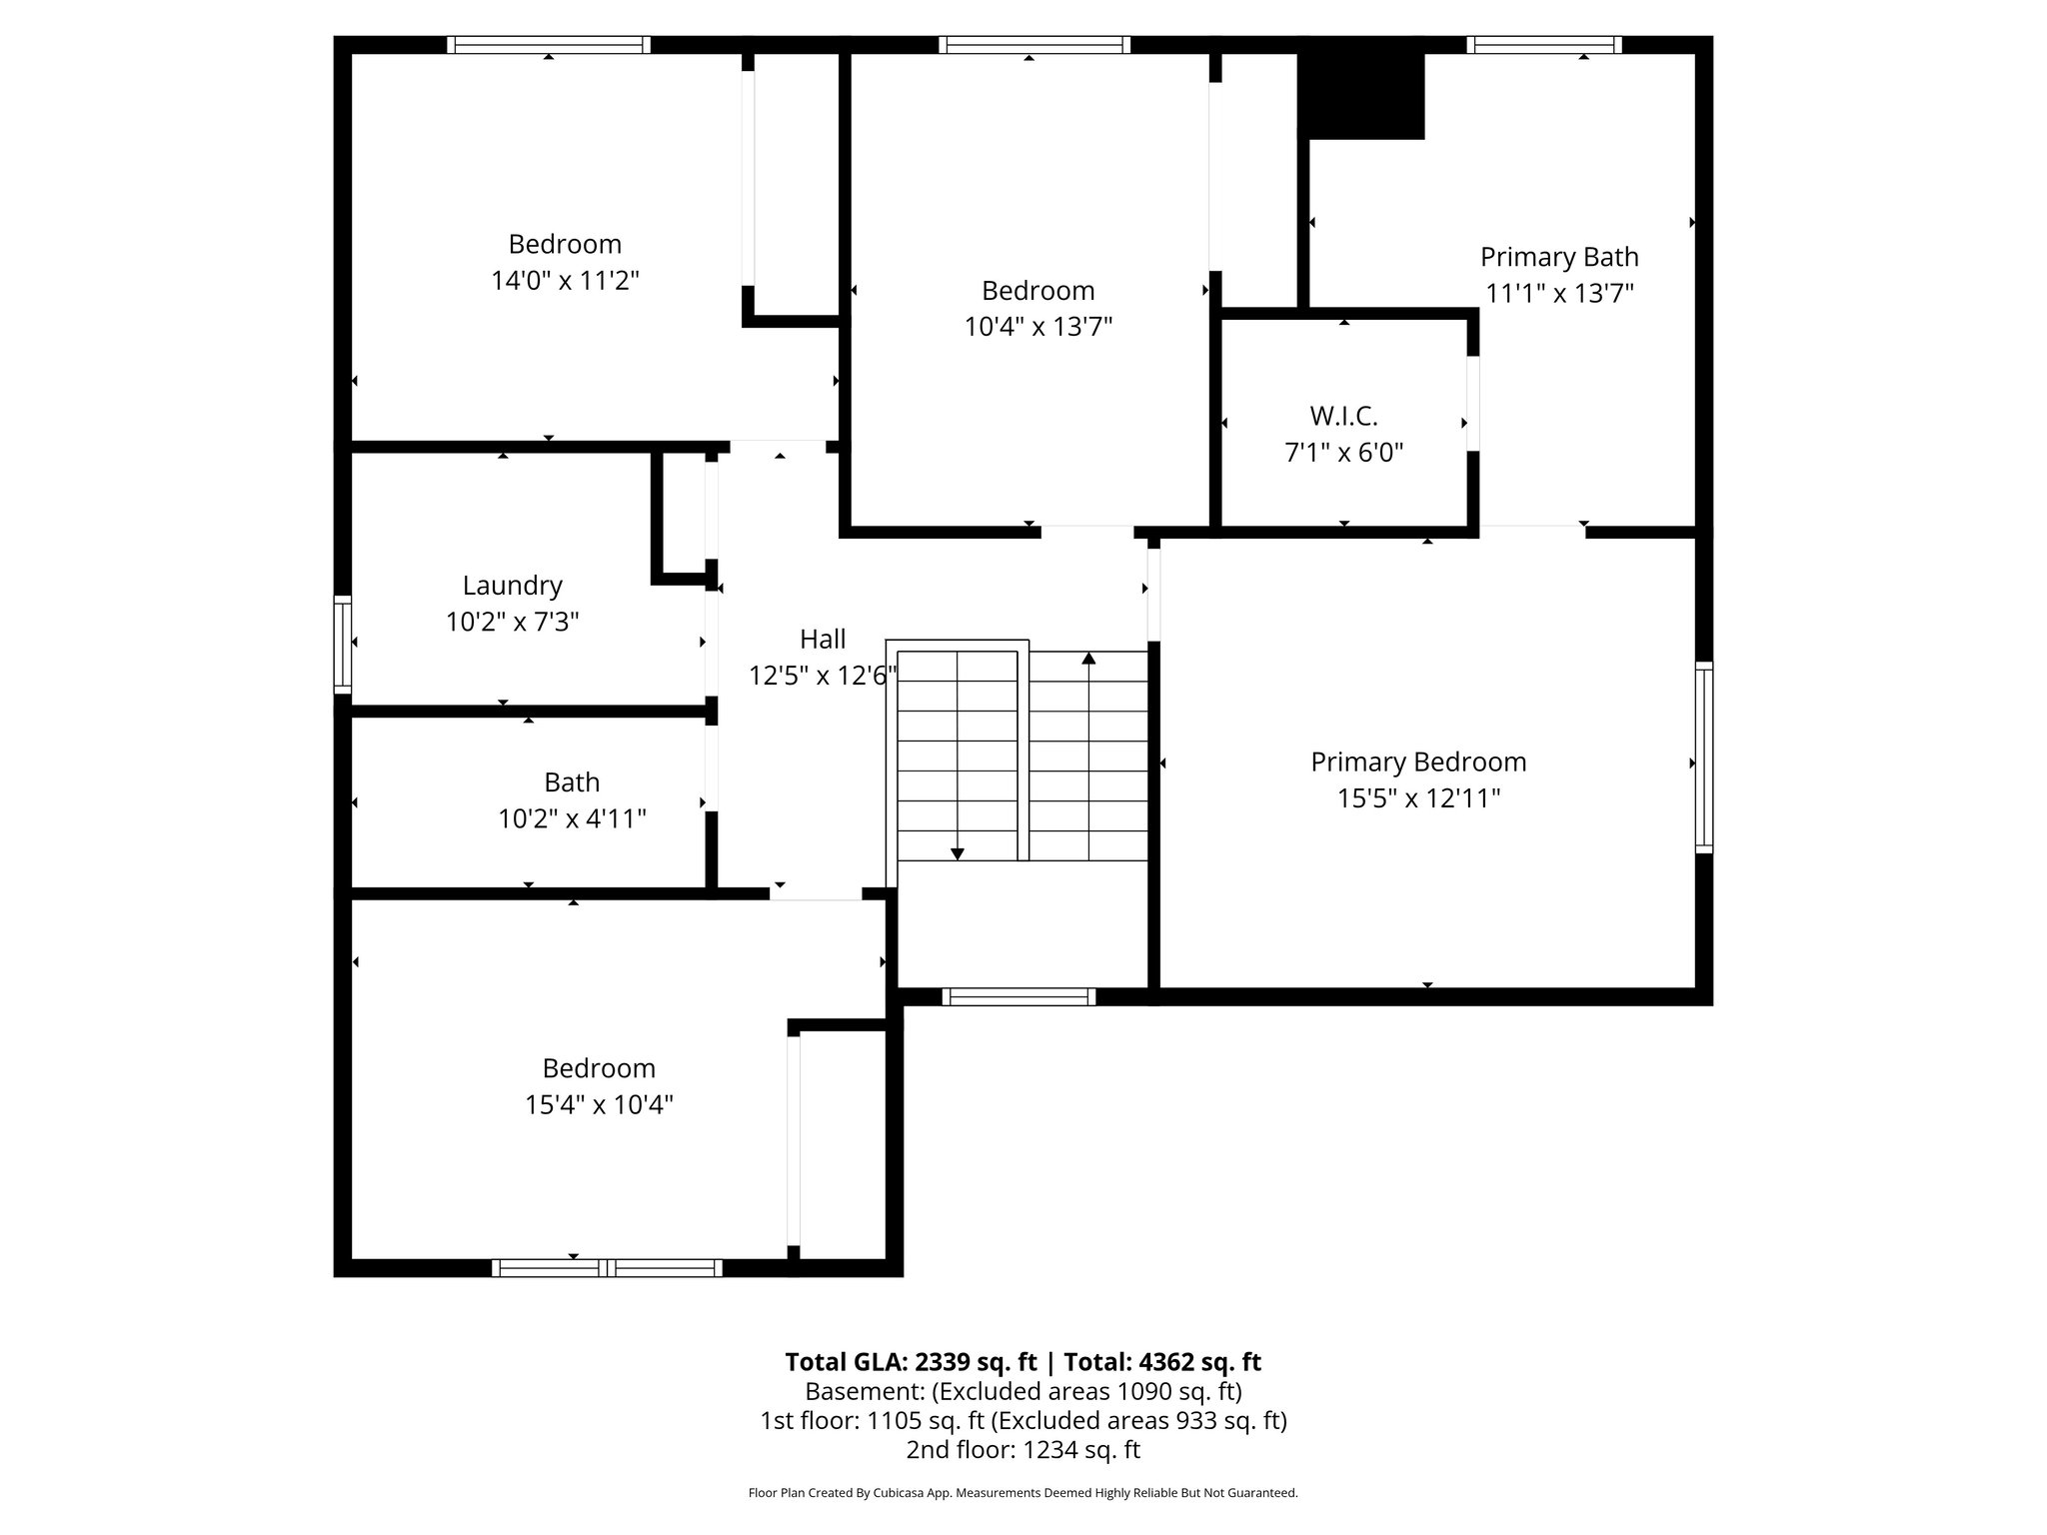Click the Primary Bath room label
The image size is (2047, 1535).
coord(1558,257)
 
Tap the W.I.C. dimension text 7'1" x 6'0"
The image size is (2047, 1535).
coord(1343,453)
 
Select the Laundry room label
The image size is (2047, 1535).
coord(512,585)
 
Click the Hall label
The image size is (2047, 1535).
coord(823,639)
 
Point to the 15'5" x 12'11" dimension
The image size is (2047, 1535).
coord(1418,798)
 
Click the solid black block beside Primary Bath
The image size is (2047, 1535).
coord(1360,96)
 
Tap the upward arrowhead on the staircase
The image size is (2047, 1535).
coord(1088,658)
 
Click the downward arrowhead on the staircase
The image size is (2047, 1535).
coord(958,853)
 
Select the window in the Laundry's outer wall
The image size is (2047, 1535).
coord(343,645)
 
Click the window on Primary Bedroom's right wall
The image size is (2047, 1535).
coord(1704,758)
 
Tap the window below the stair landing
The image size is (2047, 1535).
coord(1019,996)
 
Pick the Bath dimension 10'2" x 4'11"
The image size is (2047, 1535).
coord(572,819)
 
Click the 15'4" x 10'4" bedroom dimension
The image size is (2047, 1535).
coord(599,1105)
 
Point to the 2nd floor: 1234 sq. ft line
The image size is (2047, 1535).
coord(1023,1450)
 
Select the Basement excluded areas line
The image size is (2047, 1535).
coord(1023,1391)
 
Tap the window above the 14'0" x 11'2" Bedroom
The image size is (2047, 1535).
coord(548,45)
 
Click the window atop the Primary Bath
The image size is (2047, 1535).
coord(1543,45)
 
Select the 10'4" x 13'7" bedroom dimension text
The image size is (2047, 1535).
coord(1037,327)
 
